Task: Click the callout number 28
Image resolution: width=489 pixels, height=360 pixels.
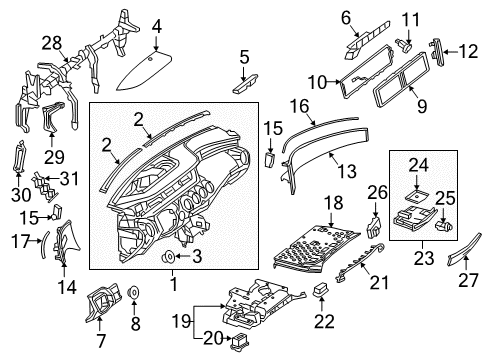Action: click(x=52, y=43)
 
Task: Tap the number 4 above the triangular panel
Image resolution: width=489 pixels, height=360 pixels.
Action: click(x=157, y=27)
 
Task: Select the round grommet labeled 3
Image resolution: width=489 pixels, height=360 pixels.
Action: click(x=168, y=257)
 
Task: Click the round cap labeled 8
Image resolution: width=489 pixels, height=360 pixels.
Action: click(x=134, y=292)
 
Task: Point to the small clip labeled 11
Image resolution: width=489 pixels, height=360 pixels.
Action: click(x=404, y=45)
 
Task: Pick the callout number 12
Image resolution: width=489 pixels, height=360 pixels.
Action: click(x=469, y=52)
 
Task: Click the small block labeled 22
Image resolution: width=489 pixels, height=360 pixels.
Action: click(x=321, y=289)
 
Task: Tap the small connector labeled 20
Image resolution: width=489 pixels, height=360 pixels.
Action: click(x=239, y=341)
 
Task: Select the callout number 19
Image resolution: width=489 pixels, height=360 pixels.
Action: click(x=182, y=322)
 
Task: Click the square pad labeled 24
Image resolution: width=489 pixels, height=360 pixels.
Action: click(x=417, y=196)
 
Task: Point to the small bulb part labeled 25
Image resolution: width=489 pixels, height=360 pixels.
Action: click(x=444, y=227)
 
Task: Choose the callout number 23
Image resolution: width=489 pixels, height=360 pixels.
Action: click(x=424, y=258)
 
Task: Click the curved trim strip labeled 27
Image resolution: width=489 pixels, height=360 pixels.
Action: click(x=464, y=249)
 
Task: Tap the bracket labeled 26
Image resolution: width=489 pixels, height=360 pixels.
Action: click(x=374, y=227)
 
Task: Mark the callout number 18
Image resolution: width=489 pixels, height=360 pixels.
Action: click(x=333, y=202)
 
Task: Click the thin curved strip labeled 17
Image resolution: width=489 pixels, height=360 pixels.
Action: click(x=45, y=244)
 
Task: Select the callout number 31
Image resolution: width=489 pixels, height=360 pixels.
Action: click(x=69, y=179)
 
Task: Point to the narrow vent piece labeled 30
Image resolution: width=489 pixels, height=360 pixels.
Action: click(x=18, y=156)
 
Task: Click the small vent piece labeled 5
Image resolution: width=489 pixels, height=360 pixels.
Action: click(x=245, y=83)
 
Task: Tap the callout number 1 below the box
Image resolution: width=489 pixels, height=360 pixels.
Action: click(x=174, y=285)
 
